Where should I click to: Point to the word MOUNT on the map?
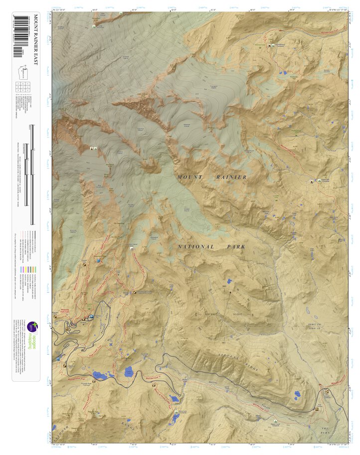(190, 177)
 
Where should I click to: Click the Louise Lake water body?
(129, 371)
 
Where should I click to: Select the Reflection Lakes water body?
(100, 375)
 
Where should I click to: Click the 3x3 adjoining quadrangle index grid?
(23, 88)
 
